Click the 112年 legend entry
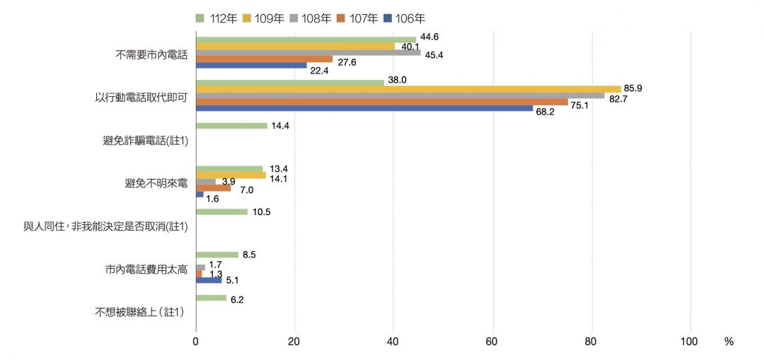point(216,18)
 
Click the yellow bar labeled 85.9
point(408,89)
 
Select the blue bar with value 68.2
point(364,108)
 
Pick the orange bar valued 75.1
point(381,102)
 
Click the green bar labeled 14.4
point(231,126)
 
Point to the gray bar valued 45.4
point(308,52)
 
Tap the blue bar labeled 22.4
point(251,65)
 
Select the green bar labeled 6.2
point(211,298)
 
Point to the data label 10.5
point(262,212)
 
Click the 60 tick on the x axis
point(492,342)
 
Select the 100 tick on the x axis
point(688,342)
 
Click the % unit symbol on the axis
point(729,342)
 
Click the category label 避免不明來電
point(156,183)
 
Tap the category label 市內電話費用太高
point(146,269)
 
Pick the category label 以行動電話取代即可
point(141,97)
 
